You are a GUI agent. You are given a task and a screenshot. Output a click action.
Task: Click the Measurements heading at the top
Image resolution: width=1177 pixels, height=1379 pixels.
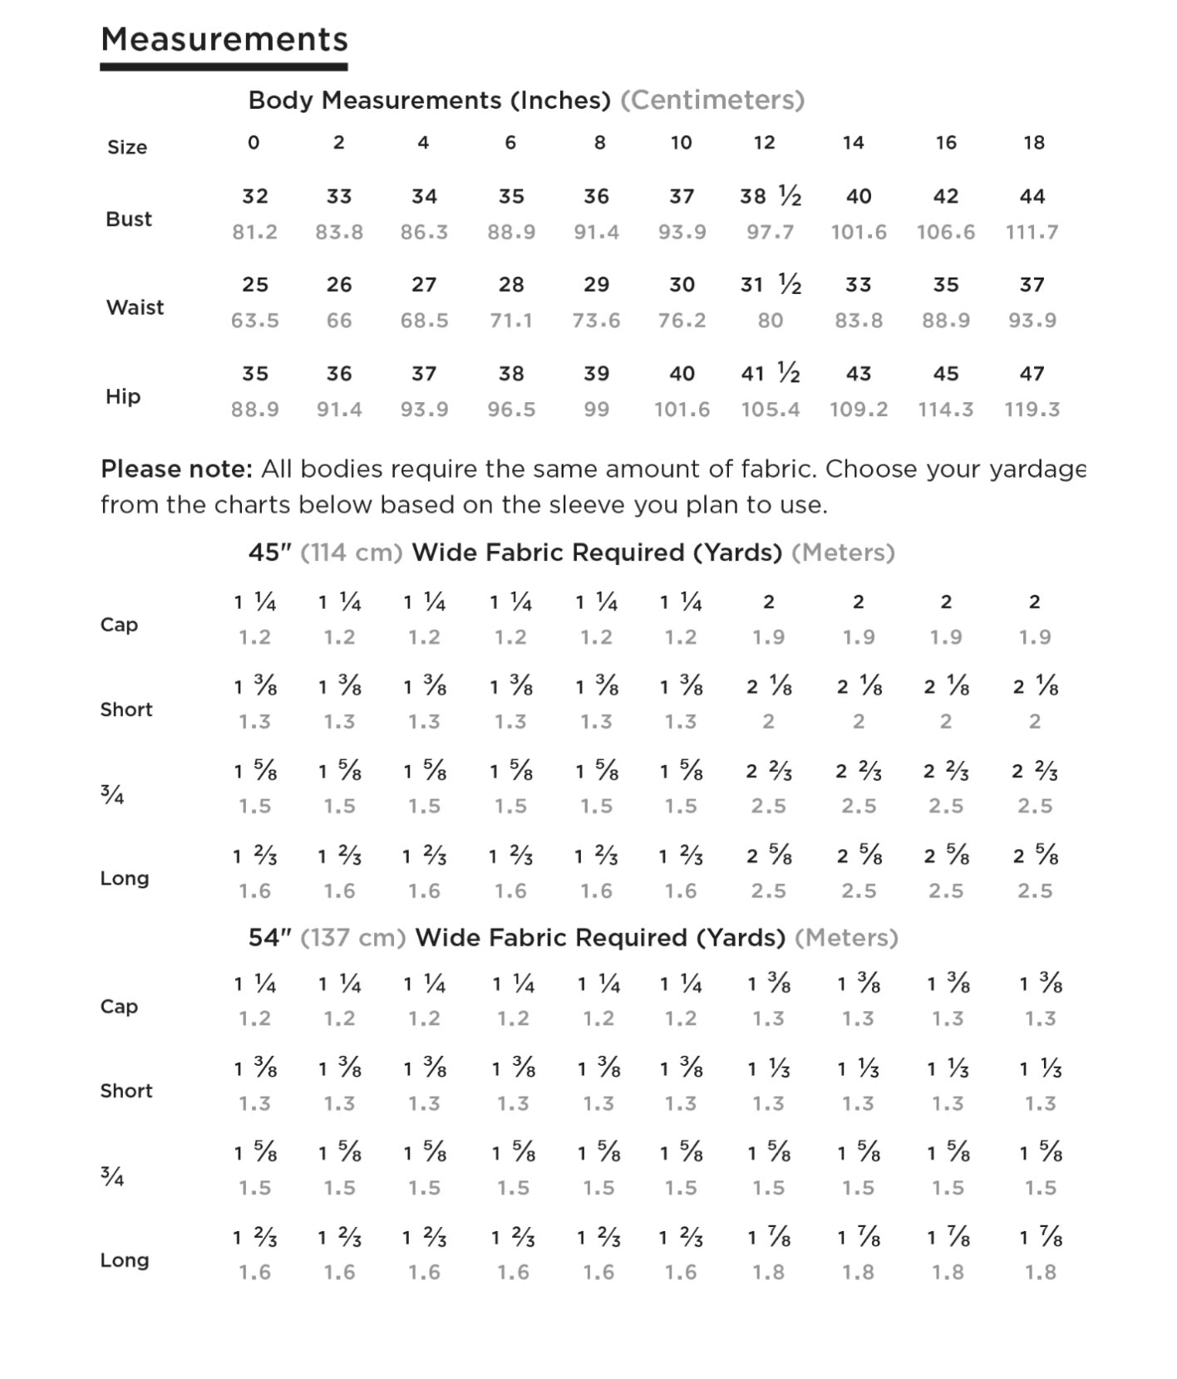pyautogui.click(x=224, y=39)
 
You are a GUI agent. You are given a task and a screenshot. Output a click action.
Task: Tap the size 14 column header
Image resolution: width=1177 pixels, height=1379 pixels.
pyautogui.click(x=853, y=143)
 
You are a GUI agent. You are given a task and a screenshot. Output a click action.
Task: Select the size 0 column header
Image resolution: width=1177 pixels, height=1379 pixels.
pyautogui.click(x=254, y=143)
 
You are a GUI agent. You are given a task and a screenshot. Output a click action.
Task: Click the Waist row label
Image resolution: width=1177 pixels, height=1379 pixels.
pyautogui.click(x=135, y=307)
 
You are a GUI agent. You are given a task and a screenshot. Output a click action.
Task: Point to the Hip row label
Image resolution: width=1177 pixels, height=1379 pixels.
pyautogui.click(x=123, y=396)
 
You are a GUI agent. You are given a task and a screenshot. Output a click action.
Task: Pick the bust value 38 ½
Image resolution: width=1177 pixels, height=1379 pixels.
pyautogui.click(x=770, y=196)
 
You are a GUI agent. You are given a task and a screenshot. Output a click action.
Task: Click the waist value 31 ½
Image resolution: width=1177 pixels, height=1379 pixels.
pyautogui.click(x=770, y=285)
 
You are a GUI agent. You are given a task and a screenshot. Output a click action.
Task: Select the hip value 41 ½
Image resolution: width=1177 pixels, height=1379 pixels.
pyautogui.click(x=770, y=374)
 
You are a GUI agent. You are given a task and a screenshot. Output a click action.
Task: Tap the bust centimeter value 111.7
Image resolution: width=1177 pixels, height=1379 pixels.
pyautogui.click(x=1032, y=232)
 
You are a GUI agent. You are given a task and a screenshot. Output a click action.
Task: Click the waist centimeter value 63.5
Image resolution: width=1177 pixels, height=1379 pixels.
pyautogui.click(x=254, y=321)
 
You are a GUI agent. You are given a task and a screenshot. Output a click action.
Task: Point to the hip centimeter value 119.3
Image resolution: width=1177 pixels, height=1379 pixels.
pyautogui.click(x=1032, y=410)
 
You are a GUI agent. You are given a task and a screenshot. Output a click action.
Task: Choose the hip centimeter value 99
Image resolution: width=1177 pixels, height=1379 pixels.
pyautogui.click(x=596, y=410)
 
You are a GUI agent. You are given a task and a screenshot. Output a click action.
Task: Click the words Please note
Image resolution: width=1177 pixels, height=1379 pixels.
pyautogui.click(x=176, y=469)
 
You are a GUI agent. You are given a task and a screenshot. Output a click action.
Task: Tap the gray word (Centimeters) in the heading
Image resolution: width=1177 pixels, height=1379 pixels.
pyautogui.click(x=712, y=101)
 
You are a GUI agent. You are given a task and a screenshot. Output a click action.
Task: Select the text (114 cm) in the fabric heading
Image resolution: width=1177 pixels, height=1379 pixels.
pyautogui.click(x=351, y=552)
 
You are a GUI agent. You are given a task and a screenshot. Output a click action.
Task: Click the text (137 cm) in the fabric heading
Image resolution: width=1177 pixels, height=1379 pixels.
pyautogui.click(x=352, y=938)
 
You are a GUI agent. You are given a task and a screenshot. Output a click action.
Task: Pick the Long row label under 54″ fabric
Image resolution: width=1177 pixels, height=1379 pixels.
pyautogui.click(x=125, y=1260)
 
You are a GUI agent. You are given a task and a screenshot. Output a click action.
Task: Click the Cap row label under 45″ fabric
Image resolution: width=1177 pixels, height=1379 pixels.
pyautogui.click(x=119, y=625)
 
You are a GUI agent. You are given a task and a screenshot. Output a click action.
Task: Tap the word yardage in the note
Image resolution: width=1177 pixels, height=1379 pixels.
pyautogui.click(x=1037, y=470)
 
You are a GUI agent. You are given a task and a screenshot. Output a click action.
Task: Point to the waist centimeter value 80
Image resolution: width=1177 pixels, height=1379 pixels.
pyautogui.click(x=770, y=321)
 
